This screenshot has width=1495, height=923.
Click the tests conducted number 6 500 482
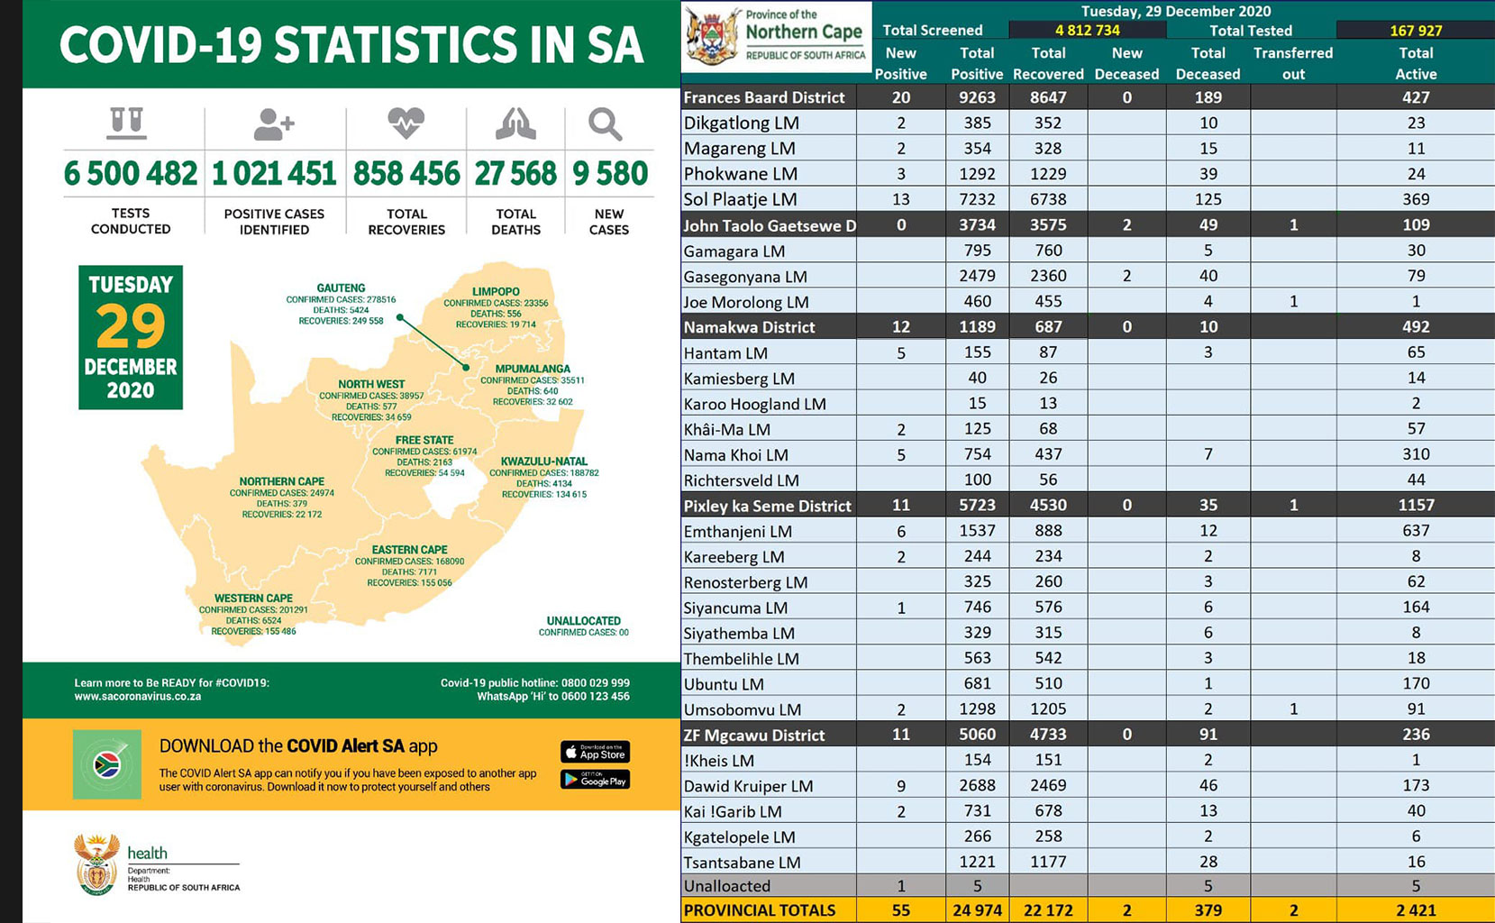[131, 173]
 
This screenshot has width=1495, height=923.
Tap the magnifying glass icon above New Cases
[605, 124]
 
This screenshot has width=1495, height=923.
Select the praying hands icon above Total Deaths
[515, 124]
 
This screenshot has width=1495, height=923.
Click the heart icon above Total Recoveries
[406, 123]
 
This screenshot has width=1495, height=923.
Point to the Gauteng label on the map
[341, 288]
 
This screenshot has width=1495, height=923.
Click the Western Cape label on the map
[253, 599]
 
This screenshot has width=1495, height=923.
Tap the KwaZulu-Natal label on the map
[543, 461]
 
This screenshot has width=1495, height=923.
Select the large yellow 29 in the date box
[131, 326]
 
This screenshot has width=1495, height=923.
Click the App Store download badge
[595, 752]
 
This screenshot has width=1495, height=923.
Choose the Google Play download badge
[595, 780]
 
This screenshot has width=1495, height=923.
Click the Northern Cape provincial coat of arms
[712, 37]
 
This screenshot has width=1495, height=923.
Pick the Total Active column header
[1415, 63]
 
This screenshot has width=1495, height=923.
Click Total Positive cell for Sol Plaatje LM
[977, 199]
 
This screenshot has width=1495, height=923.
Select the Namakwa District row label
[750, 327]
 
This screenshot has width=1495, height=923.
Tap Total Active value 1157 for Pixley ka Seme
[1415, 506]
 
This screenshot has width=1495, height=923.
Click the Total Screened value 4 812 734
[1087, 30]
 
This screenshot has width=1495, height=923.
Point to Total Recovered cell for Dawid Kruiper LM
[1048, 786]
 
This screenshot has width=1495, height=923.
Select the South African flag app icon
[107, 765]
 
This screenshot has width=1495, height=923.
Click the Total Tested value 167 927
[1415, 30]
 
